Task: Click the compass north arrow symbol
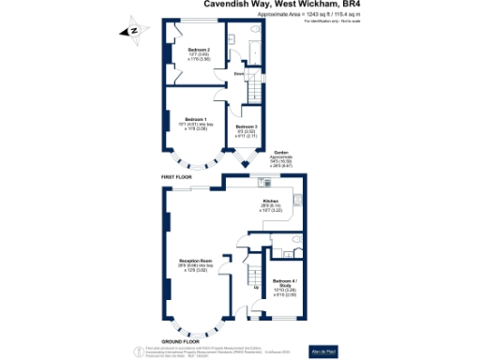pyautogui.click(x=134, y=32)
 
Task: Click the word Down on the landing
pyautogui.click(x=239, y=73)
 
